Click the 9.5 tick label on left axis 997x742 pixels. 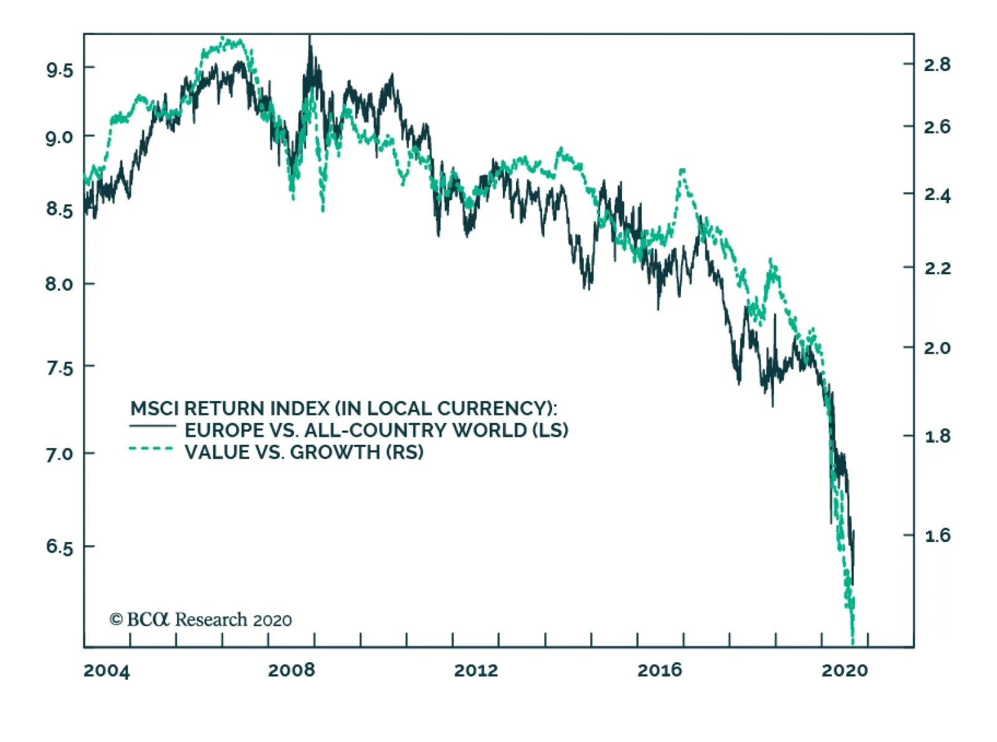point(59,69)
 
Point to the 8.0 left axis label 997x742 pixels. point(59,284)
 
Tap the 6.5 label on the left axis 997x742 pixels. point(59,547)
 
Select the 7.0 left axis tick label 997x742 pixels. point(59,454)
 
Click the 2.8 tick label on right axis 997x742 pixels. point(937,64)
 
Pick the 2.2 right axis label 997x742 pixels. point(937,269)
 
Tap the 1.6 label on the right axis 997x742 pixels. point(937,535)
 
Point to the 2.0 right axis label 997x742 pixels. point(937,348)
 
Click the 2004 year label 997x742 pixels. point(107,671)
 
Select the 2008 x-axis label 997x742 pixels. point(292,670)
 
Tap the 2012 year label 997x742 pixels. point(476,670)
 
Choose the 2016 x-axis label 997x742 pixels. point(660,670)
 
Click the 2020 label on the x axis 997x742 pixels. point(844,670)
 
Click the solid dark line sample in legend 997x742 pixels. point(153,427)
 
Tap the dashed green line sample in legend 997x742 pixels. point(151,449)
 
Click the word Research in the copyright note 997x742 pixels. point(211,620)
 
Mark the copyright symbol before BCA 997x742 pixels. point(116,620)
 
